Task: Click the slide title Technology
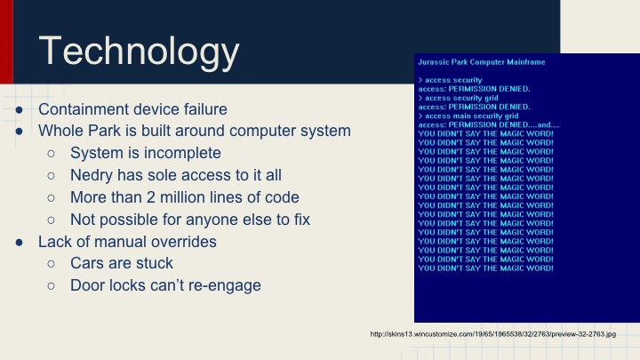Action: point(139,52)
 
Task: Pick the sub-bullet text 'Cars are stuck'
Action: point(121,263)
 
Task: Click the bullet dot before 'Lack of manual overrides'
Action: point(20,242)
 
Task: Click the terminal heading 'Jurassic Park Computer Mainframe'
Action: point(481,62)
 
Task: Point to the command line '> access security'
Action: point(450,80)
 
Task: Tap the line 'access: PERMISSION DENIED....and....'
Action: point(488,124)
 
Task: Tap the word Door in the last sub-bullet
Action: point(87,285)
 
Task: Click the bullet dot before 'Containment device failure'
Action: point(20,110)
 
